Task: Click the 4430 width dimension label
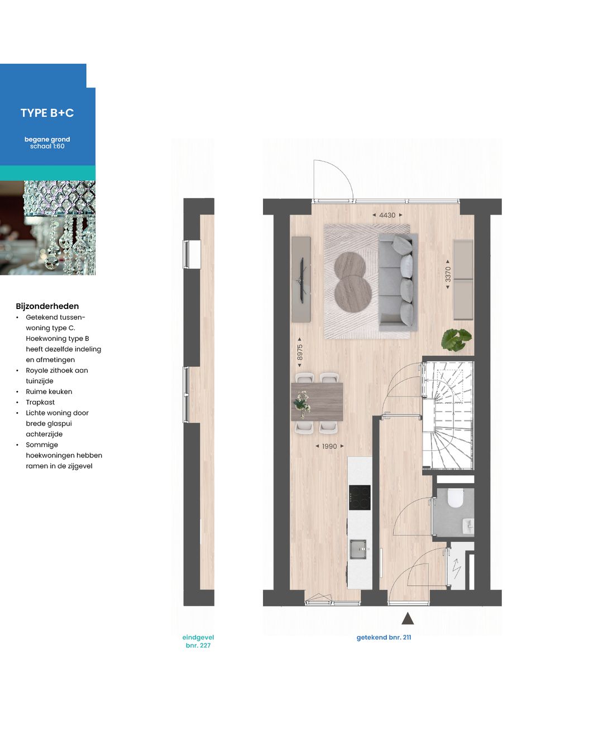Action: (x=387, y=215)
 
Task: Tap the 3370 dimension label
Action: (x=448, y=274)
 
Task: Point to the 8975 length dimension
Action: (x=300, y=352)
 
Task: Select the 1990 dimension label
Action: (x=329, y=446)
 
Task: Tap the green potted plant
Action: (x=456, y=339)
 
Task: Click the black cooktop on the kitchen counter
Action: (x=360, y=497)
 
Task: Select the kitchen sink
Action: (x=358, y=549)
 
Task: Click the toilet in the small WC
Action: (x=456, y=498)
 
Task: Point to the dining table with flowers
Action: (x=317, y=402)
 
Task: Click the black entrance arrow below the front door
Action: (x=408, y=618)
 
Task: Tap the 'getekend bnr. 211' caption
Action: (x=384, y=638)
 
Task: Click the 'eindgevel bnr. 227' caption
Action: (x=198, y=641)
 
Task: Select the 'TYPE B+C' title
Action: (x=47, y=113)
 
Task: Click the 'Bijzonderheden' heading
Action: (x=47, y=306)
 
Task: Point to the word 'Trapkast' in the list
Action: (x=40, y=402)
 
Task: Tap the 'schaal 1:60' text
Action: (x=47, y=147)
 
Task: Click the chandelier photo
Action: (x=47, y=228)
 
